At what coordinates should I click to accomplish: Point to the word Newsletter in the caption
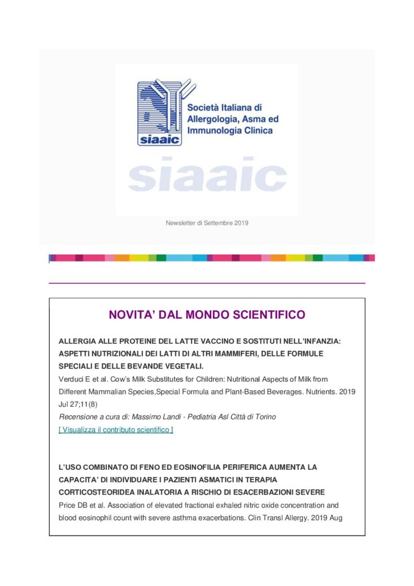click(180, 223)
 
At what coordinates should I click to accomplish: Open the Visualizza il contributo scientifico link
click(116, 430)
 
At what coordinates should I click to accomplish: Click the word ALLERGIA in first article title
click(79, 341)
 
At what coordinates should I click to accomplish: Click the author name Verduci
click(71, 379)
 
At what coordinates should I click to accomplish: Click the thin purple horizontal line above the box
click(207, 283)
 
